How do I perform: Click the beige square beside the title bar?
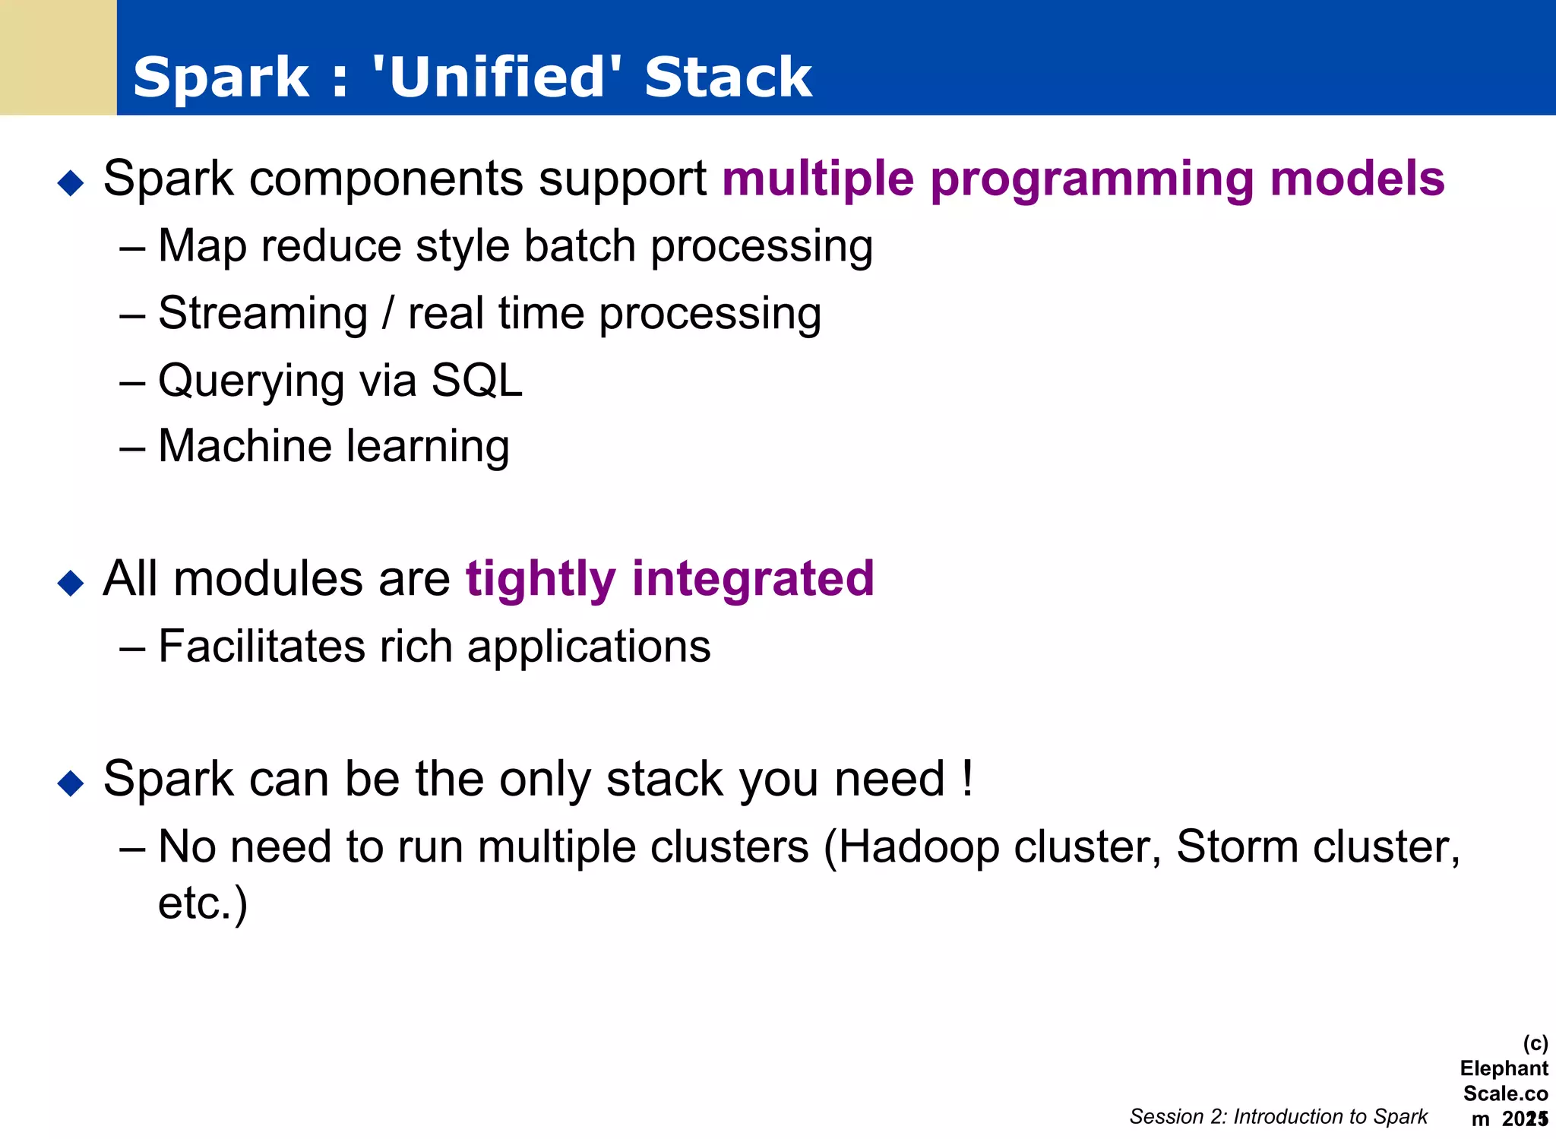(x=58, y=57)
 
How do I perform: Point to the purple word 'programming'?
(x=1091, y=179)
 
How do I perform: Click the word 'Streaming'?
(x=263, y=314)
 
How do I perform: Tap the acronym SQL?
(x=477, y=380)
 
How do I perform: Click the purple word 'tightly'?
(x=540, y=580)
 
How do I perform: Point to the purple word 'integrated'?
(x=753, y=578)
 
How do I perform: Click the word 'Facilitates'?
(x=261, y=647)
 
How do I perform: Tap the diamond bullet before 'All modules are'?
(x=71, y=583)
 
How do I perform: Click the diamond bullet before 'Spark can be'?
(x=71, y=783)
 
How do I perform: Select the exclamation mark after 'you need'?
(x=966, y=778)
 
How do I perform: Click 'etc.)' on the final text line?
(x=202, y=904)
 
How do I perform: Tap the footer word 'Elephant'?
(x=1504, y=1068)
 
